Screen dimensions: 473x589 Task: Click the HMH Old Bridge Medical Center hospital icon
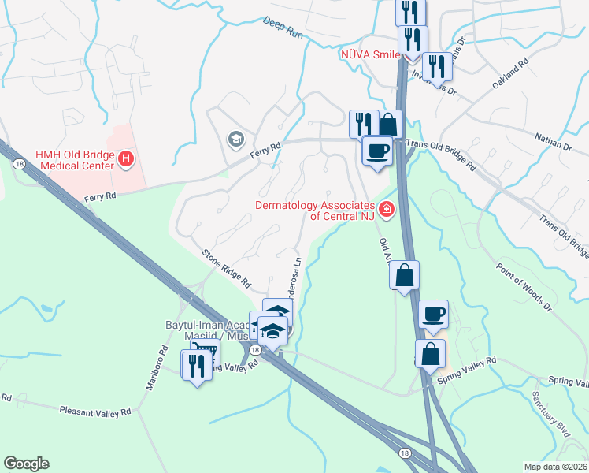tap(125, 160)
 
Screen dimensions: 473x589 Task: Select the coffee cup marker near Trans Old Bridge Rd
tap(377, 150)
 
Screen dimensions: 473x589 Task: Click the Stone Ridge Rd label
tap(226, 268)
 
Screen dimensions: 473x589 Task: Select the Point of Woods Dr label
tap(525, 281)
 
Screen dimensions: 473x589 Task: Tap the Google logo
tap(26, 464)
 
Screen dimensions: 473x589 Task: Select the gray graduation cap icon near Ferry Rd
tap(235, 140)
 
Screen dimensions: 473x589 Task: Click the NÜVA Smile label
tap(370, 54)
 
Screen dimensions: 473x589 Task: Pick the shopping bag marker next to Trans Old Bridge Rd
tap(388, 124)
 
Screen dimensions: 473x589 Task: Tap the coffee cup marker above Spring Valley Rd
tap(433, 315)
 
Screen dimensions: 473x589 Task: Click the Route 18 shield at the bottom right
tap(405, 453)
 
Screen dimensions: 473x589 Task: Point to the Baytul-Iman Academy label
tap(206, 324)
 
